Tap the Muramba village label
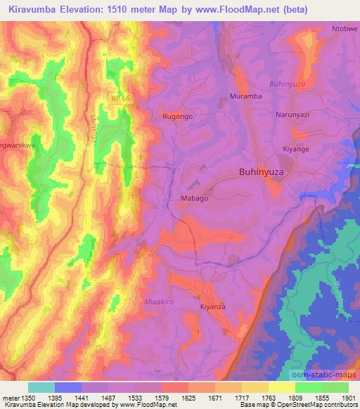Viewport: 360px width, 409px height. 245,96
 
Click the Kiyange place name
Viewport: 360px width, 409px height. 295,150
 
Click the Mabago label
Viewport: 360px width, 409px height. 195,199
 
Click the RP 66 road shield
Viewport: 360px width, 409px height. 121,98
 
